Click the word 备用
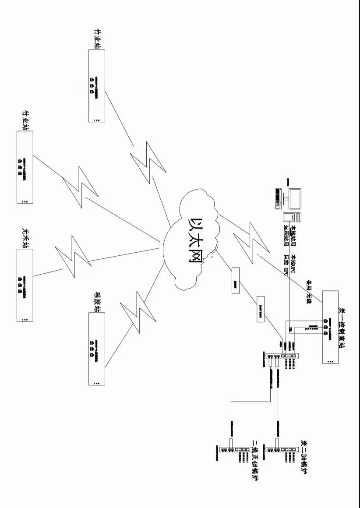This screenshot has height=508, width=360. (309, 285)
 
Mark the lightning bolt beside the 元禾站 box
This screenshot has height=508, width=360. (72, 256)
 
